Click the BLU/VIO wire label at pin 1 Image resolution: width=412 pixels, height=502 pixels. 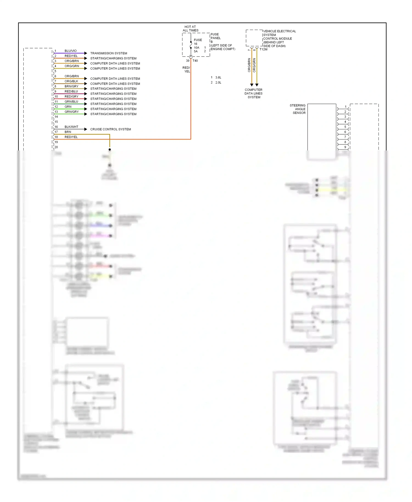click(x=71, y=51)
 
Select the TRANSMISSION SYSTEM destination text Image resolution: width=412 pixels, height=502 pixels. click(x=108, y=53)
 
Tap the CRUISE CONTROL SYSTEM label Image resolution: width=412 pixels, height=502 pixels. click(x=110, y=129)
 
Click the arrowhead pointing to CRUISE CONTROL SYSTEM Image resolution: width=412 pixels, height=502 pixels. click(x=86, y=129)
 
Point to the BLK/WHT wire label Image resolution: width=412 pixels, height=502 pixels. click(x=71, y=127)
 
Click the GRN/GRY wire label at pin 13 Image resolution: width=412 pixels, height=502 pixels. click(x=71, y=112)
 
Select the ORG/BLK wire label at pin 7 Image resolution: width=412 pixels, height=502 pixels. click(x=71, y=81)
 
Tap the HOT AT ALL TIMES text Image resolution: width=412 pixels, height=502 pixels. click(x=190, y=29)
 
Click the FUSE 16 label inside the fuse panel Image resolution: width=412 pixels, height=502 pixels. click(x=197, y=42)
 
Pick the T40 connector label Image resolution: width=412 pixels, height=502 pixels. click(x=195, y=61)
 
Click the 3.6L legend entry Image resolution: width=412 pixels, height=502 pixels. click(x=218, y=77)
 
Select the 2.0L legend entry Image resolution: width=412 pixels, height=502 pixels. click(x=218, y=83)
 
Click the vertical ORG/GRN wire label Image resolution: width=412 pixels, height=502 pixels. click(x=254, y=65)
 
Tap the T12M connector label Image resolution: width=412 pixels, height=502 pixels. click(x=263, y=49)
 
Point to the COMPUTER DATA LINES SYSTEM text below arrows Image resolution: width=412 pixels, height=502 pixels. click(x=254, y=93)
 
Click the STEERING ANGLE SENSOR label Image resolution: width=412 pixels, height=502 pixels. click(x=298, y=109)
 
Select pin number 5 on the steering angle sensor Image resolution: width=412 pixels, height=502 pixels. click(x=345, y=127)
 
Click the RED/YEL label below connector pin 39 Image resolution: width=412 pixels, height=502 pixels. click(x=186, y=69)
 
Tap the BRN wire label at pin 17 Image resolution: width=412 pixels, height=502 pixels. click(x=68, y=132)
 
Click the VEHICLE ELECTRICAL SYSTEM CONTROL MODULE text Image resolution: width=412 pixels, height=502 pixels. click(x=279, y=38)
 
